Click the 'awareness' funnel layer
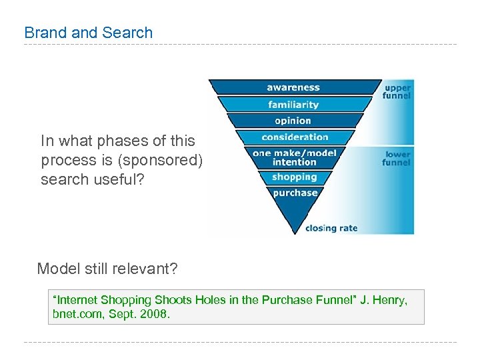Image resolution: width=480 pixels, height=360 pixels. coord(293,87)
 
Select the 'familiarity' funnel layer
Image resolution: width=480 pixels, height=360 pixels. coord(293,104)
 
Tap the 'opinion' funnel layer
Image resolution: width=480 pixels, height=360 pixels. coord(293,121)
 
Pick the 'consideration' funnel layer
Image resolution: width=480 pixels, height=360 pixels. coord(295,137)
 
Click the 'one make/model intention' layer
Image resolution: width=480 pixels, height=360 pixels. coord(295,157)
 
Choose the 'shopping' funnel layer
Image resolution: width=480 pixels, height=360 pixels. coord(294,177)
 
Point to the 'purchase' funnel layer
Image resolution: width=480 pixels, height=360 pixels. coord(295,193)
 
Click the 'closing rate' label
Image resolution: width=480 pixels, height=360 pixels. coord(331,228)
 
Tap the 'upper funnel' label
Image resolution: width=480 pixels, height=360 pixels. coord(397,91)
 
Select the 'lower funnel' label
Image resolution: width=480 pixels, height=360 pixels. coord(397,158)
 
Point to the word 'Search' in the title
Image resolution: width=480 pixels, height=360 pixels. coord(129,33)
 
